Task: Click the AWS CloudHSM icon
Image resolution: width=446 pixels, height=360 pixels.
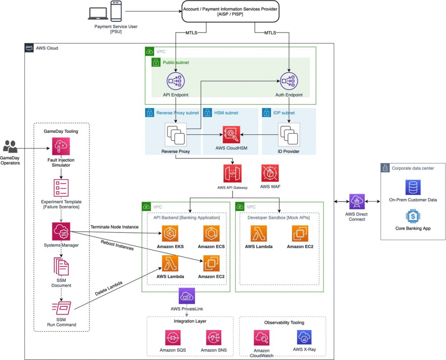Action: (x=232, y=135)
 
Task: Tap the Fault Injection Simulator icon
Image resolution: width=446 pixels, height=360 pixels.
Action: (x=61, y=146)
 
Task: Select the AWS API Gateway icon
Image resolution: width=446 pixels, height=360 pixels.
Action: (x=232, y=173)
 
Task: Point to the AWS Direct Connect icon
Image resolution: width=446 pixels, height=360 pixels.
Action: (x=357, y=202)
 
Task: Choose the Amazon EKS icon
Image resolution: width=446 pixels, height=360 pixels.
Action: (x=170, y=234)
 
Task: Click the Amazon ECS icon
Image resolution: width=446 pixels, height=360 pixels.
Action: (x=212, y=234)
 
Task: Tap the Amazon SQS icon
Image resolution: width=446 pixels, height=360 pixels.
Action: (x=173, y=338)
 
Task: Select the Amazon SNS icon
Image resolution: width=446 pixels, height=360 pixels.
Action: (x=214, y=338)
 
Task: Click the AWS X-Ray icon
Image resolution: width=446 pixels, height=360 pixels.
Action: (x=304, y=337)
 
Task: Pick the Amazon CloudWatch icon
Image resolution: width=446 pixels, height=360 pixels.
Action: (x=261, y=338)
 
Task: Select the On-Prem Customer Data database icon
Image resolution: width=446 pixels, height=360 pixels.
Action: (x=412, y=187)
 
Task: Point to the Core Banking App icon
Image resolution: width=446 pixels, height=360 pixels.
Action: (x=412, y=216)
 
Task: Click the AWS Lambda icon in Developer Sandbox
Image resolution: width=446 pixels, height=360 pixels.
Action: (x=259, y=234)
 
